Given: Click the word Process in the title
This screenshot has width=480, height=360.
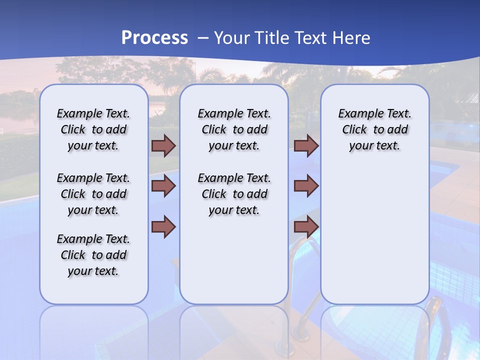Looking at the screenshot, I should pos(154,38).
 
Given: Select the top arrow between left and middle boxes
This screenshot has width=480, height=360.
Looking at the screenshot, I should pos(163,146).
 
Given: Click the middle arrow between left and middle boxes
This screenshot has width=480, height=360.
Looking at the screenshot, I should pos(163,186).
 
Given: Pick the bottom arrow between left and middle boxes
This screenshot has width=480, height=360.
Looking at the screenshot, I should pos(163,226).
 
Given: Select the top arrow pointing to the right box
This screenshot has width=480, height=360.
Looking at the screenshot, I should pos(306,146).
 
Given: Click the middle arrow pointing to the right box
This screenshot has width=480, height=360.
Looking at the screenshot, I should pos(306,186).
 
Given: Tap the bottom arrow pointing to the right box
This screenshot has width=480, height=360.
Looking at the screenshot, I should pos(306,226).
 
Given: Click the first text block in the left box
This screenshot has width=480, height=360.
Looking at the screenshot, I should pos(93,129).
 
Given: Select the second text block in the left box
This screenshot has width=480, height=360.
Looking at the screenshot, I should pos(93,194).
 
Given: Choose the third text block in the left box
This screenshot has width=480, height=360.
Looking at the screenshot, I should pos(93,255).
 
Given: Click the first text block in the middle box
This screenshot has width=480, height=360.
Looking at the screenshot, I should pos(234,129).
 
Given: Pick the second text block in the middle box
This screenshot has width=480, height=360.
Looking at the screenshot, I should pos(234,194).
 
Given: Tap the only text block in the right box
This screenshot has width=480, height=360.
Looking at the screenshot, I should pos(374,129).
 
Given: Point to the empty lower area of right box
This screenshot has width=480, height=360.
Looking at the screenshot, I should pos(374,235).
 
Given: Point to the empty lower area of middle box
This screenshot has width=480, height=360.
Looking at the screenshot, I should pos(234,265).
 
